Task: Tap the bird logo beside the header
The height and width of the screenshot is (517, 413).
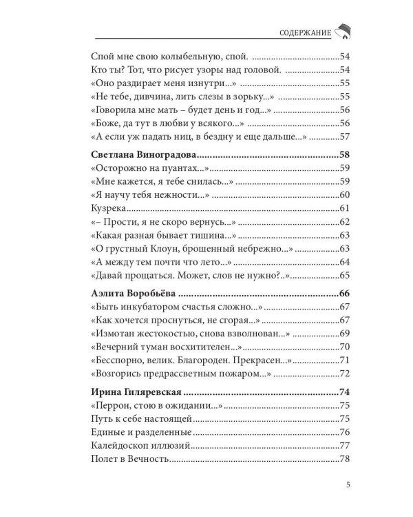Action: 342,32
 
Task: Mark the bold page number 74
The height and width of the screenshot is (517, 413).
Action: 346,392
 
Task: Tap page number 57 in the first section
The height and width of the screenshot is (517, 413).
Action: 346,136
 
